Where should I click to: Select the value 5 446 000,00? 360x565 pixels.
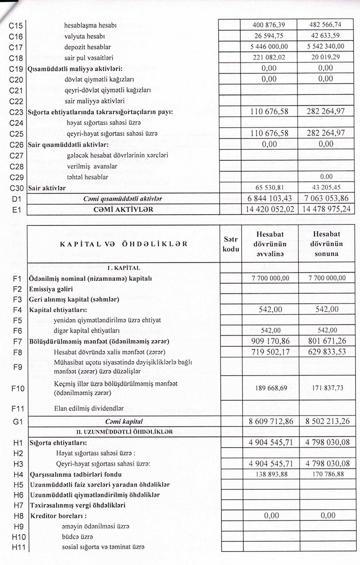269,47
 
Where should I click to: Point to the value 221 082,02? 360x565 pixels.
269,58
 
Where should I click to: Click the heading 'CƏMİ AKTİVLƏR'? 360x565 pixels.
123,209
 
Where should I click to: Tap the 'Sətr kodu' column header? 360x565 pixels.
230,245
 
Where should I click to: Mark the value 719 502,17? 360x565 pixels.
269,351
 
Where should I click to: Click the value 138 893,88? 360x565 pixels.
269,474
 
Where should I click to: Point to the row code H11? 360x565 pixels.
16,547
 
